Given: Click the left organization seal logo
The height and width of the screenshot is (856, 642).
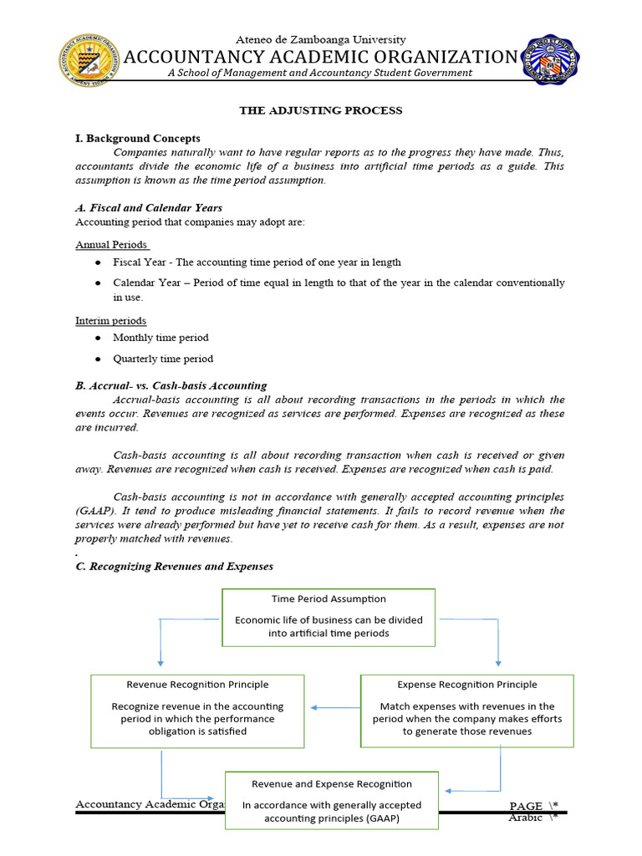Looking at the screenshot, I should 88,59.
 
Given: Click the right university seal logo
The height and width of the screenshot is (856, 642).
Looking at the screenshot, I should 553,59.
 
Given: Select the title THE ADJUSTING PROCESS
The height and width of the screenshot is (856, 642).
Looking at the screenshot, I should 321,110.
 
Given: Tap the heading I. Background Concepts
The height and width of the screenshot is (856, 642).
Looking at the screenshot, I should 138,138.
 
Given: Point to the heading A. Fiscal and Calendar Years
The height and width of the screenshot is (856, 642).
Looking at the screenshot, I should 149,207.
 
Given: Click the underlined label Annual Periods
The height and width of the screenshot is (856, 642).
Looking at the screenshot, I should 112,245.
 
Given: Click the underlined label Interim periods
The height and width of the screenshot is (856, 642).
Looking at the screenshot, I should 111,321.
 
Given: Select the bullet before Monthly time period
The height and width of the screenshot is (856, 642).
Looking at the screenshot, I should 98,338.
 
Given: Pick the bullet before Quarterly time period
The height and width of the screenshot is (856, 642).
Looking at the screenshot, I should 98,359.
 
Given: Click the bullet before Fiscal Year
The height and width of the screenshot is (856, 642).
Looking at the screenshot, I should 98,262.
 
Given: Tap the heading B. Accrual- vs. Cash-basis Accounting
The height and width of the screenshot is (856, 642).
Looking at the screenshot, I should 171,385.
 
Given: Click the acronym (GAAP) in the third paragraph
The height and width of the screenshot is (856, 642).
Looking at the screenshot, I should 96,511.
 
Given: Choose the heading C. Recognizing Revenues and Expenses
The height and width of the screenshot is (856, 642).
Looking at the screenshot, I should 174,566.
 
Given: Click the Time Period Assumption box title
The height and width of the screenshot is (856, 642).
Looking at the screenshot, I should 329,599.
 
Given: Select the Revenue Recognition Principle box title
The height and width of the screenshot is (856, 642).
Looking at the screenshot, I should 197,685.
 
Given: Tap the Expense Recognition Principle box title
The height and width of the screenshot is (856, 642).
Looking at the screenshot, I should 467,685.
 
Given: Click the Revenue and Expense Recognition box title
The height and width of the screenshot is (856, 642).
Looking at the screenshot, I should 332,784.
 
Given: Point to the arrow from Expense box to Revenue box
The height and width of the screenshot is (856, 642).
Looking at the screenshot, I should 334,708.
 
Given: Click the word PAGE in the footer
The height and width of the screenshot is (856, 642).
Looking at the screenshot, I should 527,806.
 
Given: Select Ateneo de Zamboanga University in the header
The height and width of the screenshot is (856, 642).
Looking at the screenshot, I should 321,39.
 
